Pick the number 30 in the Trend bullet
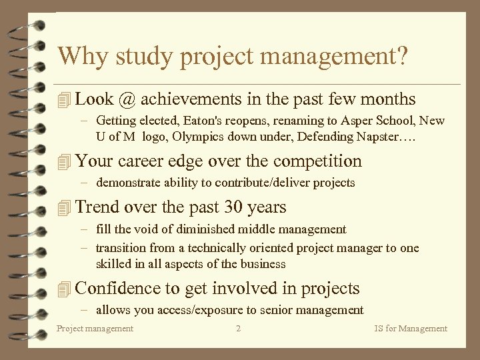click(x=231, y=207)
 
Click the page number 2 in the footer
click(x=239, y=328)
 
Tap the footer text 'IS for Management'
click(x=411, y=328)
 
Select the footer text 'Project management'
click(x=95, y=328)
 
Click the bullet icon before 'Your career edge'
click(x=63, y=161)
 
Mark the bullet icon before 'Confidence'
click(x=63, y=289)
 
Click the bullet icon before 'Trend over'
click(x=63, y=208)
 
